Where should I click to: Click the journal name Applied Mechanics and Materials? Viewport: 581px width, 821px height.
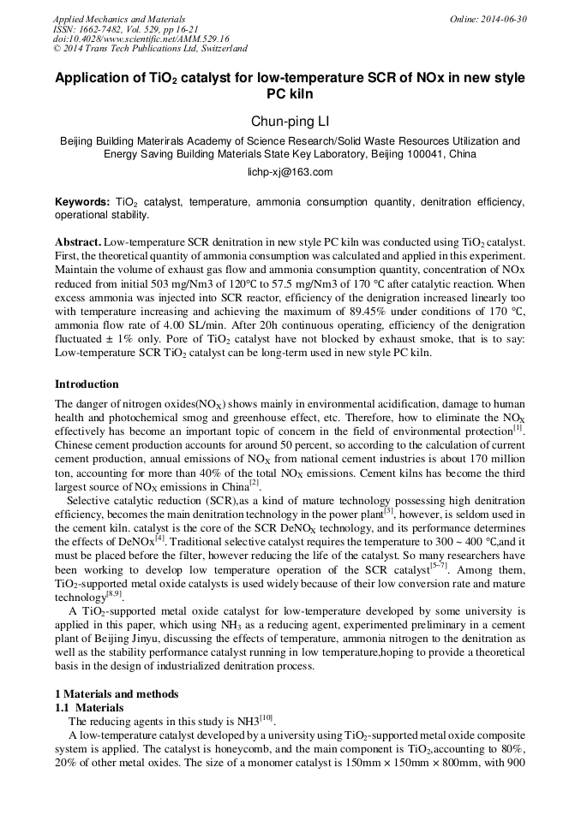[118, 19]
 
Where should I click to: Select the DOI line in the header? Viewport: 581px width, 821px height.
[141, 39]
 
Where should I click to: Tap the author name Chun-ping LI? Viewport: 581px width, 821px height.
[290, 122]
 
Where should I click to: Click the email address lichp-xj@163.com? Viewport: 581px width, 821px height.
[290, 172]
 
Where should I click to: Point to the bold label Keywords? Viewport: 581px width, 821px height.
[82, 201]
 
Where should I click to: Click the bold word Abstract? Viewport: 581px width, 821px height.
[78, 244]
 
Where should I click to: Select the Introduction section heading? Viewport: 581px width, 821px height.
[87, 384]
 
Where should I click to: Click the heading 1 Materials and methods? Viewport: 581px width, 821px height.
[117, 693]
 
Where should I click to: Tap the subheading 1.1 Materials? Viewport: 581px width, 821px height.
[89, 708]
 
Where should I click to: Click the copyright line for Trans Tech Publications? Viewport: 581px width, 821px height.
[150, 49]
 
